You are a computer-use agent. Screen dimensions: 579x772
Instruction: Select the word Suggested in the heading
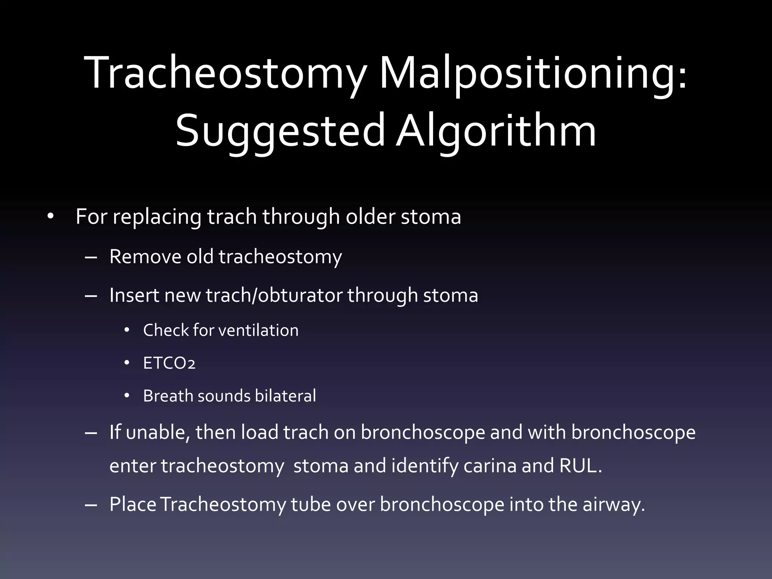click(280, 131)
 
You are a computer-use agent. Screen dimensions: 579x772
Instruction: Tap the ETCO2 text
click(169, 363)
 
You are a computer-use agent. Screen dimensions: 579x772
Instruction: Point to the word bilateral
click(285, 396)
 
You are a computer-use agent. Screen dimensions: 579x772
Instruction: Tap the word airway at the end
click(613, 505)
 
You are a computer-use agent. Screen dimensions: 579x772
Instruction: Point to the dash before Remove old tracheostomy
click(91, 257)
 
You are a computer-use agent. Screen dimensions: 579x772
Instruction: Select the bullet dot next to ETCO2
click(127, 363)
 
